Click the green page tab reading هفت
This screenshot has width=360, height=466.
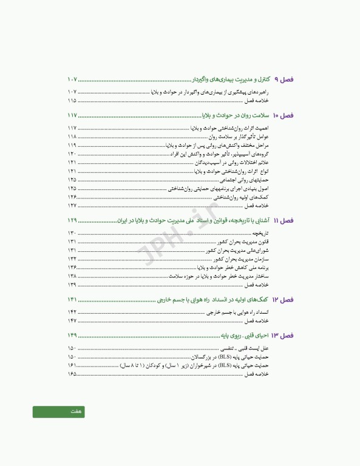coord(59,412)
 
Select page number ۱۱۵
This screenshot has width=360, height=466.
coord(72,101)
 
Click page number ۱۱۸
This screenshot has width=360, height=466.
coord(72,137)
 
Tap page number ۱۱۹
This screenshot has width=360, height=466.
coord(72,146)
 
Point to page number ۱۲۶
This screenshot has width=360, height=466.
coord(72,197)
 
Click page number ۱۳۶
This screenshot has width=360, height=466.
coord(72,267)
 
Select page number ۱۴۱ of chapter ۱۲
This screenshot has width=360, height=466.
coord(72,300)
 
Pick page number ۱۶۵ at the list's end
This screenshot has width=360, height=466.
coord(72,374)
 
